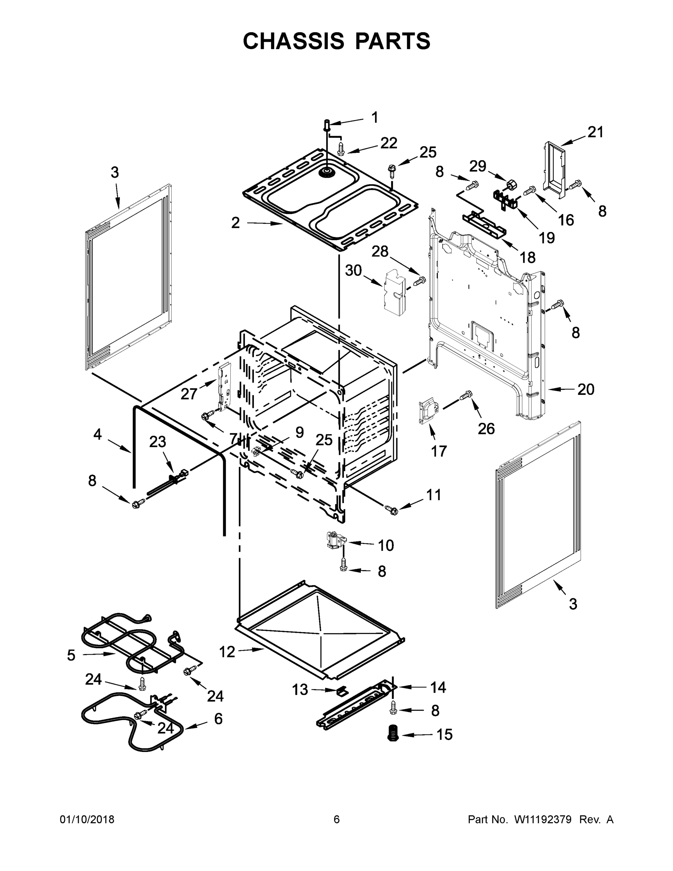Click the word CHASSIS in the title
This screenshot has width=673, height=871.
coord(294,41)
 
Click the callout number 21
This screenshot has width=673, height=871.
coord(596,132)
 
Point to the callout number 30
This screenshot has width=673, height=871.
coord(353,270)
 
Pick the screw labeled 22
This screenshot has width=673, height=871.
coord(341,150)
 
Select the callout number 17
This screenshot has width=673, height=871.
coord(439,451)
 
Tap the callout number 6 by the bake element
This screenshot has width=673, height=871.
coord(218,719)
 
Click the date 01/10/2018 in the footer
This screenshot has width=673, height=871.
coord(87,819)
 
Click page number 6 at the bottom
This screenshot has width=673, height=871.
coord(337,819)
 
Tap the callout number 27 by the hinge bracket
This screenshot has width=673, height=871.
coord(189,394)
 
